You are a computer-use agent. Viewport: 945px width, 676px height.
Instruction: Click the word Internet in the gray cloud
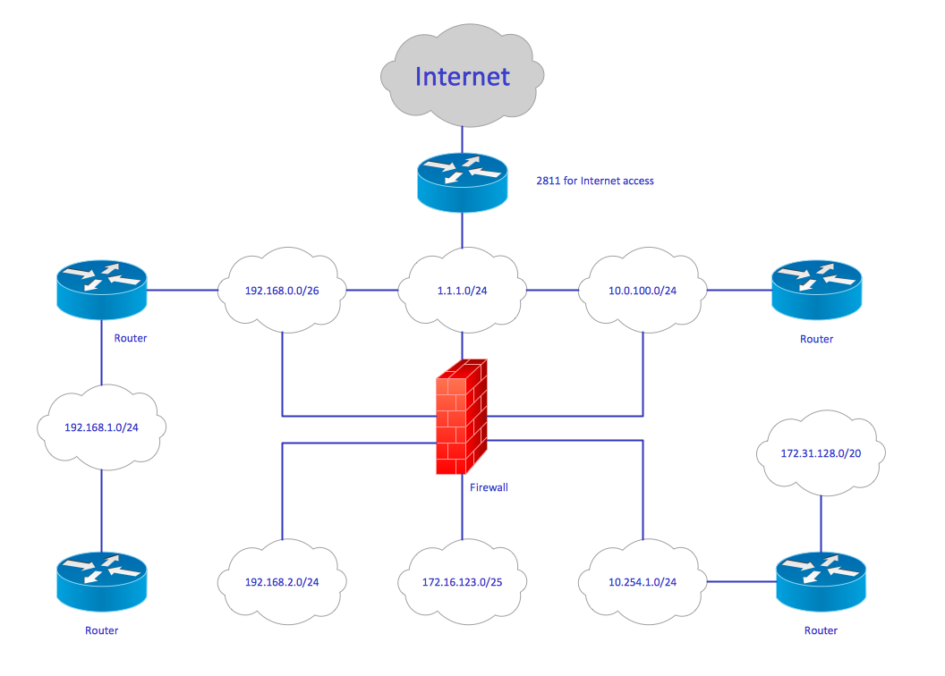(462, 77)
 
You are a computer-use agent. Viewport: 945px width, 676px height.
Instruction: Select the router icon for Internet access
(462, 182)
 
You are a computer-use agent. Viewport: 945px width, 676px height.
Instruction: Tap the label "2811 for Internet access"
(594, 181)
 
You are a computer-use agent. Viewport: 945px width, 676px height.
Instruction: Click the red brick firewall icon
(462, 416)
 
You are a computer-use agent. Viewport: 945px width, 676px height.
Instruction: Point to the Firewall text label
(489, 487)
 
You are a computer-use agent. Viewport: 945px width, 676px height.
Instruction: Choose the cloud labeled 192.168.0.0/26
(283, 291)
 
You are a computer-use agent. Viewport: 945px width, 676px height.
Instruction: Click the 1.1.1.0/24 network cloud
(462, 291)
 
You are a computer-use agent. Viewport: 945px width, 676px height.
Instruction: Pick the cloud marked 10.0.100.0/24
(643, 291)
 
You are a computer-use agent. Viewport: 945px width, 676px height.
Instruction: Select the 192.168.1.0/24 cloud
(101, 427)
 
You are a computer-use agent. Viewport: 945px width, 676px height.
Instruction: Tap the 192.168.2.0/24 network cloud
(283, 582)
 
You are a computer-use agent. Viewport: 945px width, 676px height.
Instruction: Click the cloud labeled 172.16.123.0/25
(462, 582)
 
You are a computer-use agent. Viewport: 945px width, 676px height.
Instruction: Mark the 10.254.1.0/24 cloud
(643, 582)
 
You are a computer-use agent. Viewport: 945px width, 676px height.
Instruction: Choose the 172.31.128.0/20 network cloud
(821, 453)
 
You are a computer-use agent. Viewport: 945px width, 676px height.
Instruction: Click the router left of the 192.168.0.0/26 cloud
(101, 290)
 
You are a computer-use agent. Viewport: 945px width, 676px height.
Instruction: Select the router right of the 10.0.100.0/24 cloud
(816, 290)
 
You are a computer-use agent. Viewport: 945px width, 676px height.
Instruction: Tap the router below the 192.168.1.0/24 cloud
(101, 581)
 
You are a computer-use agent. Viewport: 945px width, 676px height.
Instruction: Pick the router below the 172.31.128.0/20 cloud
(821, 581)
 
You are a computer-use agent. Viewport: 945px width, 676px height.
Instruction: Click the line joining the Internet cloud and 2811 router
(462, 138)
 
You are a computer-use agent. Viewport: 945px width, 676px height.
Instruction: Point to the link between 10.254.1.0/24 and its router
(742, 582)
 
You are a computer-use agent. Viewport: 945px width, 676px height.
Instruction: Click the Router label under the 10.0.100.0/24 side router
(816, 339)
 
